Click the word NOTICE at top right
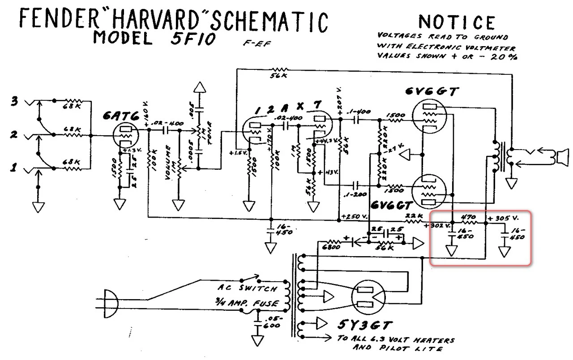[457, 22]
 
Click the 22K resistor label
[413, 216]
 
